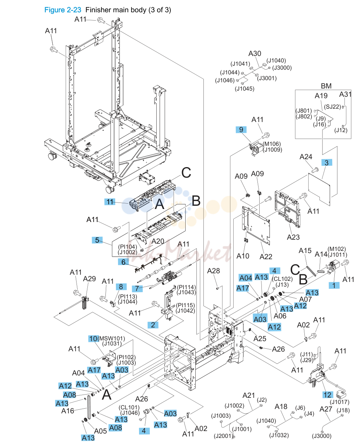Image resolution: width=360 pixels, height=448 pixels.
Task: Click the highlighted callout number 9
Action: coord(241,130)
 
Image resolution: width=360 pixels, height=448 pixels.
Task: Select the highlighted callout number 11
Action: coord(110,202)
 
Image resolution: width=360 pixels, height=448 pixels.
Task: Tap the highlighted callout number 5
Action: coord(97,240)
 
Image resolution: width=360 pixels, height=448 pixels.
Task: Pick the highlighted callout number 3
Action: coord(326,162)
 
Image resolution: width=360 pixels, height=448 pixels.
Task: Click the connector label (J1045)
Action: coord(244,89)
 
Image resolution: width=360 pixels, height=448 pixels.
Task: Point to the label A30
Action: coord(255,53)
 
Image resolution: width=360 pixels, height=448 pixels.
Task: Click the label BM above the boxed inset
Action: coord(326,86)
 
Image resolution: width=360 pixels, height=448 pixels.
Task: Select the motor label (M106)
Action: coord(272,144)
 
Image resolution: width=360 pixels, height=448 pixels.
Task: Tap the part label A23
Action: coord(293,237)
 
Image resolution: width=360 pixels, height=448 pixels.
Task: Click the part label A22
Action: coord(266,256)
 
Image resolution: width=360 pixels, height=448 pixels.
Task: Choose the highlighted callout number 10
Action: coord(93,339)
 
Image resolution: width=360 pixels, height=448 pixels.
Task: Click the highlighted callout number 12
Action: coord(328,395)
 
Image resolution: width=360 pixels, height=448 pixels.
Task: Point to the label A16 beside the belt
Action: coord(68,411)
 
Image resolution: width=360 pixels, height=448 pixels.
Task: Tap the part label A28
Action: coord(213,271)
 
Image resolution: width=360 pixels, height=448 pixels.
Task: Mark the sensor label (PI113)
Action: coord(127,296)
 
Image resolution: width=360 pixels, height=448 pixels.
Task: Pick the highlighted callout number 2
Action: coord(153,325)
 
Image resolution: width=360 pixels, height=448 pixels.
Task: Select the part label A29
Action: coord(89,279)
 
